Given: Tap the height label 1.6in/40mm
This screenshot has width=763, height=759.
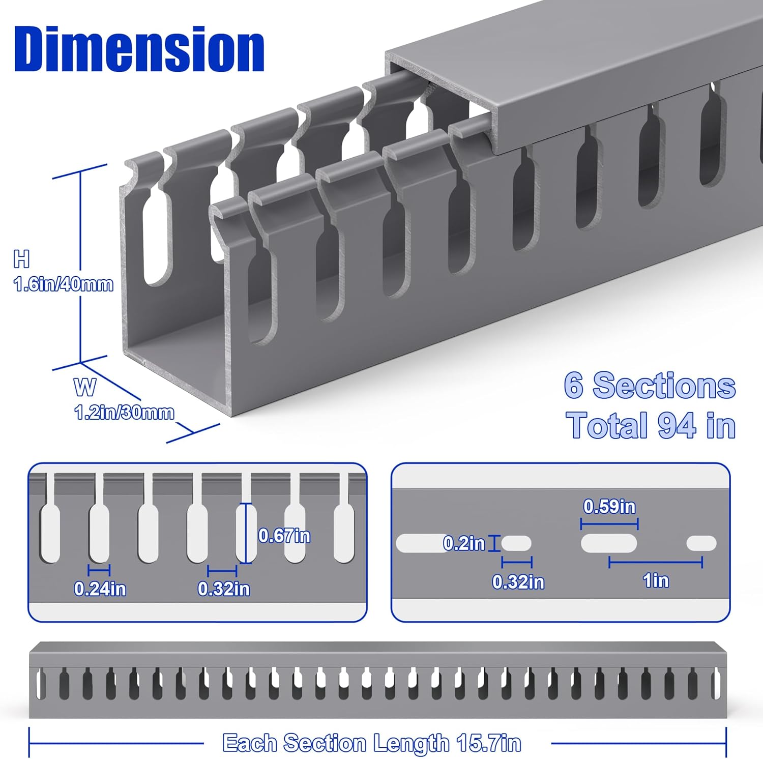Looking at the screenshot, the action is (x=64, y=284).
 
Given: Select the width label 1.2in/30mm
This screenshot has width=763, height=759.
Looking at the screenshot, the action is (x=124, y=412).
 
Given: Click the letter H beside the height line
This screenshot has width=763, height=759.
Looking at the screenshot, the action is (x=21, y=259).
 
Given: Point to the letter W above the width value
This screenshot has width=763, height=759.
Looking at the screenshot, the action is (x=84, y=387).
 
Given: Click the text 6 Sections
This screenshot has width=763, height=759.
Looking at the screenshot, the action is (x=650, y=385).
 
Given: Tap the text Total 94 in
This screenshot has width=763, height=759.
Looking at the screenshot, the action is (x=651, y=425).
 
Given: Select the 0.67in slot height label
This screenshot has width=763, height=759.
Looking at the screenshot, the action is (x=284, y=536).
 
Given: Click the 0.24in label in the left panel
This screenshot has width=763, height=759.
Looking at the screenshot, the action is (x=100, y=589).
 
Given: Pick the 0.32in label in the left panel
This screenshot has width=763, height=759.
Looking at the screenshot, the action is (x=224, y=589).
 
